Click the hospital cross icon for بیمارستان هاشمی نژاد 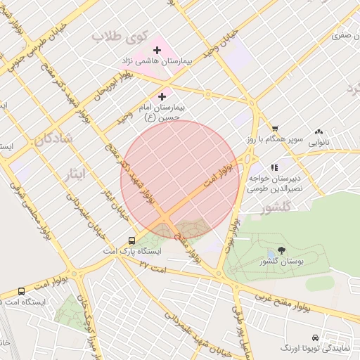156,50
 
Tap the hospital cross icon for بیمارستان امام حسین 162,96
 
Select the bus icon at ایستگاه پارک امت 132,240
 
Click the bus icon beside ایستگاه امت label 21,291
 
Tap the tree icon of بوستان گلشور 282,250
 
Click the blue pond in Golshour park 271,255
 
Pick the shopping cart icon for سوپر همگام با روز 274,129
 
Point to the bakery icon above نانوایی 319,131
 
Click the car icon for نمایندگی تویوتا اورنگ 314,337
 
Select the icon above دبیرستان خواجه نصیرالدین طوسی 274,167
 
